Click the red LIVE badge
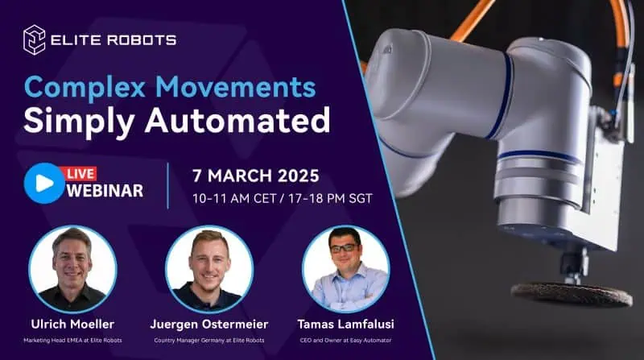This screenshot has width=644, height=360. click(82, 173)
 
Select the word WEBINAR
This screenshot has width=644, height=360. click(105, 191)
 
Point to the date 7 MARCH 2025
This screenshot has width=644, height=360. click(257, 175)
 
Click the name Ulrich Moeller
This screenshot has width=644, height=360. click(72, 323)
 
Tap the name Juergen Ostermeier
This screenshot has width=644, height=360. click(209, 323)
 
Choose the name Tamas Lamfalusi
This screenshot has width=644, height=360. click(345, 323)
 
